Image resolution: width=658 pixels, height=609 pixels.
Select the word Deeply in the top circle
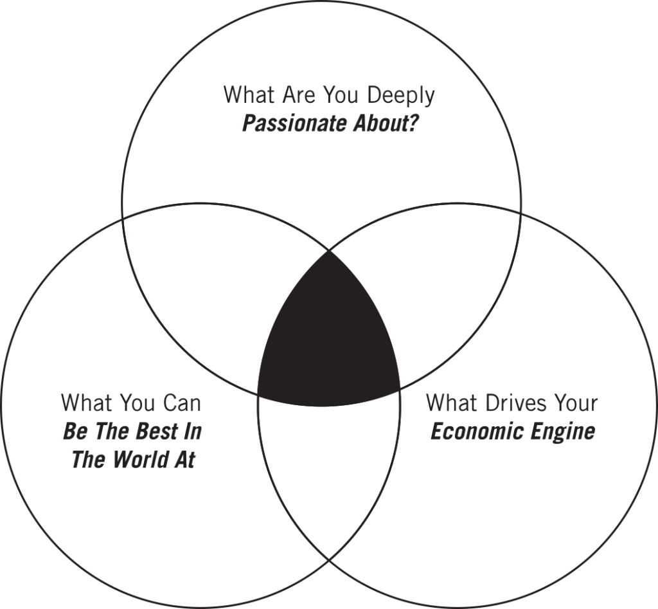click(x=401, y=96)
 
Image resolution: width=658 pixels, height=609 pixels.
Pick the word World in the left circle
click(x=139, y=459)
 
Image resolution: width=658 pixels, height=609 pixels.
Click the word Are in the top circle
click(x=297, y=95)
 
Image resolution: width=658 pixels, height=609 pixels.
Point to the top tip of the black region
click(x=329, y=251)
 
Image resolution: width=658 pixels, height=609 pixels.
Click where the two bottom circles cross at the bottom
click(x=329, y=560)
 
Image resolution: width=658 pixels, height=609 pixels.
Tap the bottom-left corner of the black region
click(x=258, y=395)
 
